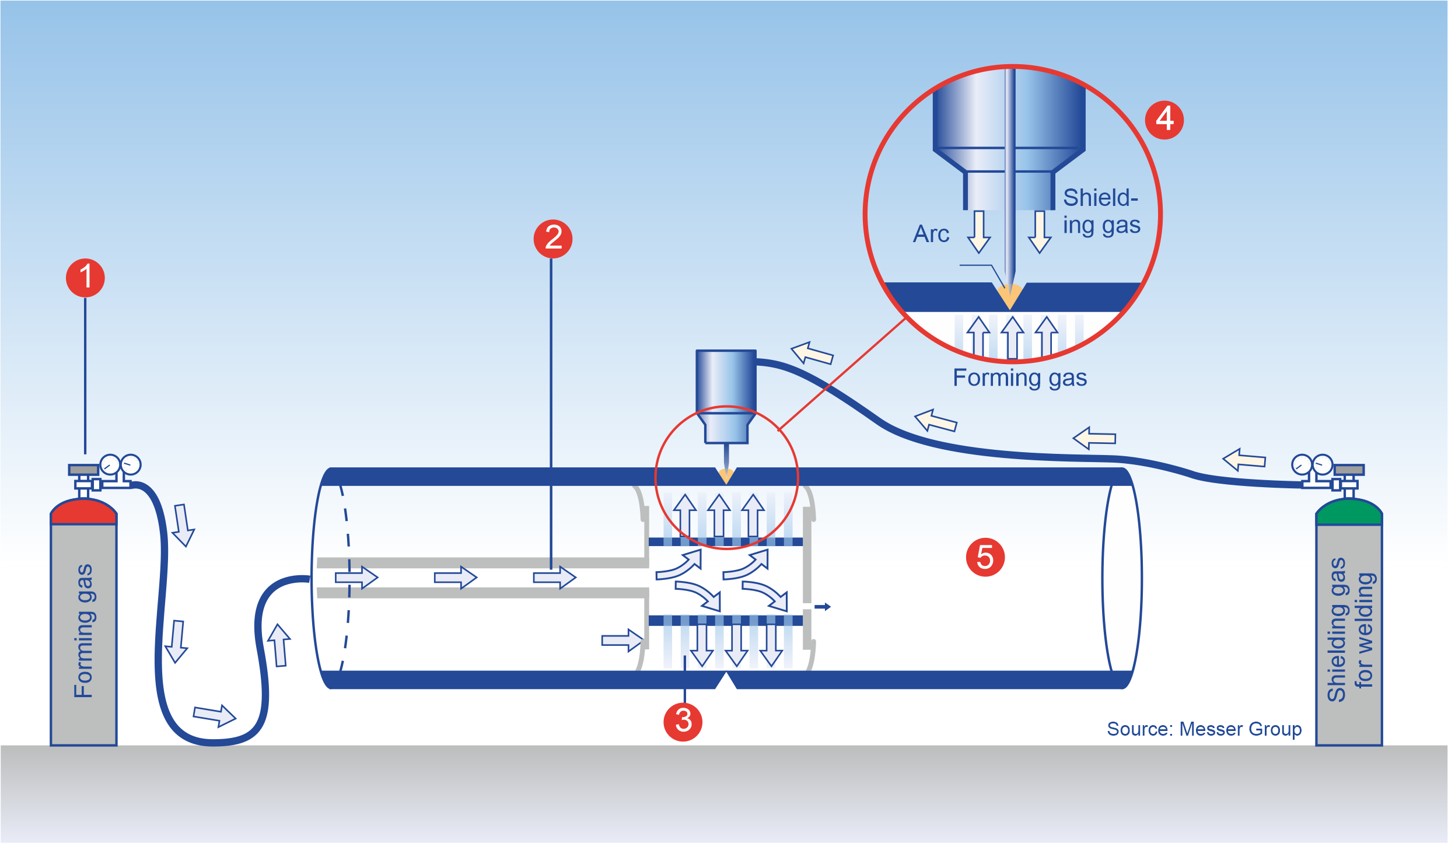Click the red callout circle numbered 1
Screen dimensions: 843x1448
85,278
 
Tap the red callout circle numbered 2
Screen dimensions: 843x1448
552,239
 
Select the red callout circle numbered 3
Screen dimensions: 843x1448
683,722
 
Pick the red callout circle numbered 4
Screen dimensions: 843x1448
1164,120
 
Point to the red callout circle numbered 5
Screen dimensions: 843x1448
985,558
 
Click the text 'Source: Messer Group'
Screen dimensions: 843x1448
1204,729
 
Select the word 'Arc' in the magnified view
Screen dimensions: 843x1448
931,234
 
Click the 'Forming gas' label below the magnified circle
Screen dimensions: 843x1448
1020,377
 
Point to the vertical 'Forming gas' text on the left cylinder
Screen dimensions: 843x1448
83,630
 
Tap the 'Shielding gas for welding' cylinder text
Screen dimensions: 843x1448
1350,630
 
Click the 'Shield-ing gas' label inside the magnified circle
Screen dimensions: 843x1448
1101,211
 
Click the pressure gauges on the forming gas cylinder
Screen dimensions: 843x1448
120,466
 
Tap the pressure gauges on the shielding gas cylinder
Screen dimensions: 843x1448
1312,466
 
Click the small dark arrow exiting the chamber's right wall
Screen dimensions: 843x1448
823,607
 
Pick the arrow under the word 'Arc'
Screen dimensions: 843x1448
978,232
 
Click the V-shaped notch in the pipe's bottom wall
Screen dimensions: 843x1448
726,680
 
